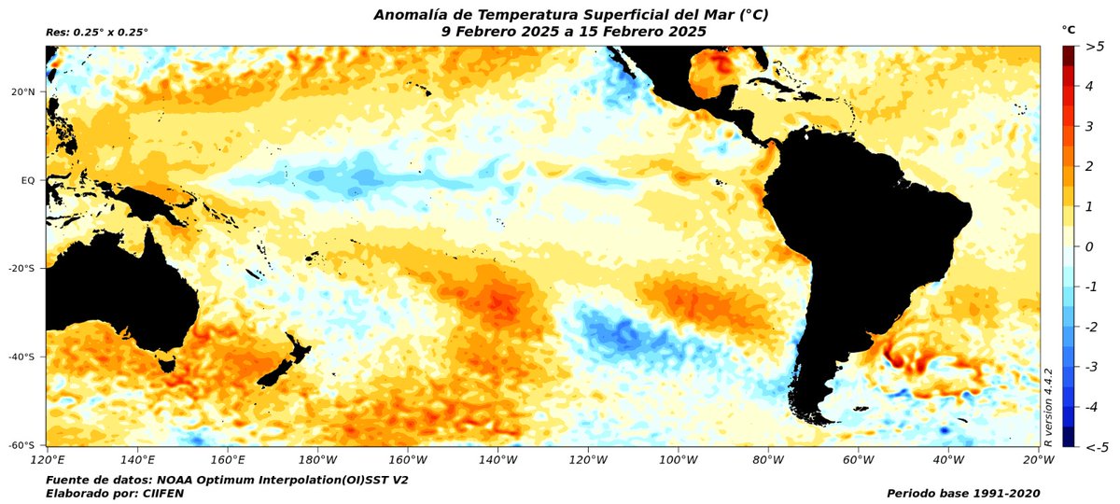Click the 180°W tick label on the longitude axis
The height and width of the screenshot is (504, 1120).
(317, 459)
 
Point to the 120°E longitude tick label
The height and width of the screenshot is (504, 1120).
(47, 459)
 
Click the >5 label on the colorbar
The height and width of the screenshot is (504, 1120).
(1095, 47)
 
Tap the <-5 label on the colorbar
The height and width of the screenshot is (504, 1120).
(1095, 447)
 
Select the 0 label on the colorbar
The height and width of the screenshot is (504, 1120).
(1088, 246)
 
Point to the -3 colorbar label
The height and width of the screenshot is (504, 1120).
(1090, 367)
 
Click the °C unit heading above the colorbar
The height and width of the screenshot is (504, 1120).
(1070, 30)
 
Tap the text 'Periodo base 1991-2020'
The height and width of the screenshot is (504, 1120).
(963, 492)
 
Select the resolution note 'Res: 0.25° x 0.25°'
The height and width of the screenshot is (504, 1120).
(97, 33)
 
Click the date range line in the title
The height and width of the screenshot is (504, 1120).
(573, 31)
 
